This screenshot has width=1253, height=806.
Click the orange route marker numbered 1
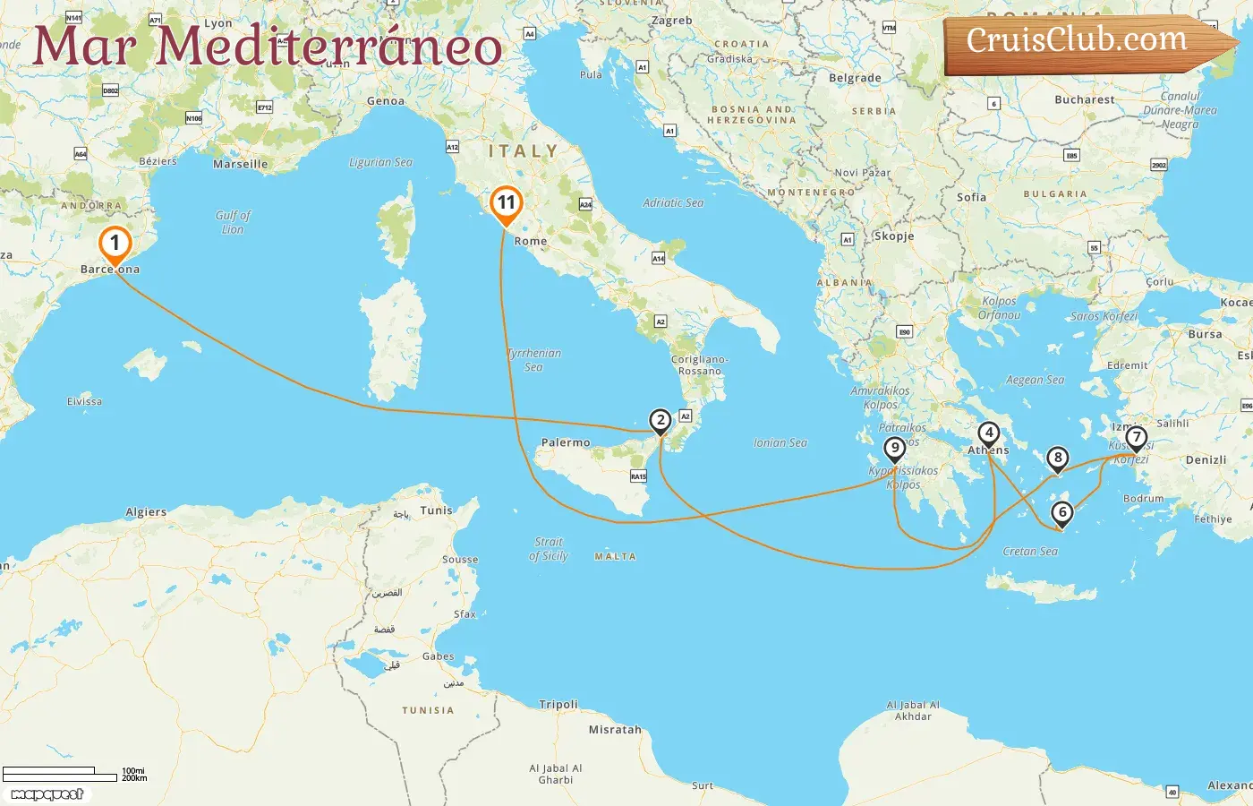(x=115, y=244)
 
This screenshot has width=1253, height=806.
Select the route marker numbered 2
(x=661, y=420)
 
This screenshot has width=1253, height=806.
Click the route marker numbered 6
(x=1062, y=513)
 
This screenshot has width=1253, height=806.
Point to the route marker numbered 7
(x=1137, y=438)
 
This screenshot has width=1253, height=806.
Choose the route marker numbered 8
(x=1058, y=459)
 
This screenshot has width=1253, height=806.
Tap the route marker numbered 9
(x=894, y=449)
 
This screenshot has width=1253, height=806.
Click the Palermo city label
(x=566, y=442)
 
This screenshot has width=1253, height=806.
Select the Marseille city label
(x=240, y=164)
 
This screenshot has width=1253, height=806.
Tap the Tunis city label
(x=436, y=510)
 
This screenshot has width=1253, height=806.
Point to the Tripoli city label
(x=558, y=704)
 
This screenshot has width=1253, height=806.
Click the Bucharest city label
(x=1085, y=99)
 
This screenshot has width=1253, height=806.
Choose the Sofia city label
(x=971, y=197)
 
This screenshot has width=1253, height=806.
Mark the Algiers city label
(x=146, y=512)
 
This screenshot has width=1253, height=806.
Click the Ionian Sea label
(x=780, y=442)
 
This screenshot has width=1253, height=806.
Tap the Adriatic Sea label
(x=673, y=203)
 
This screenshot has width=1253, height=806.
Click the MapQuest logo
(x=47, y=794)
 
